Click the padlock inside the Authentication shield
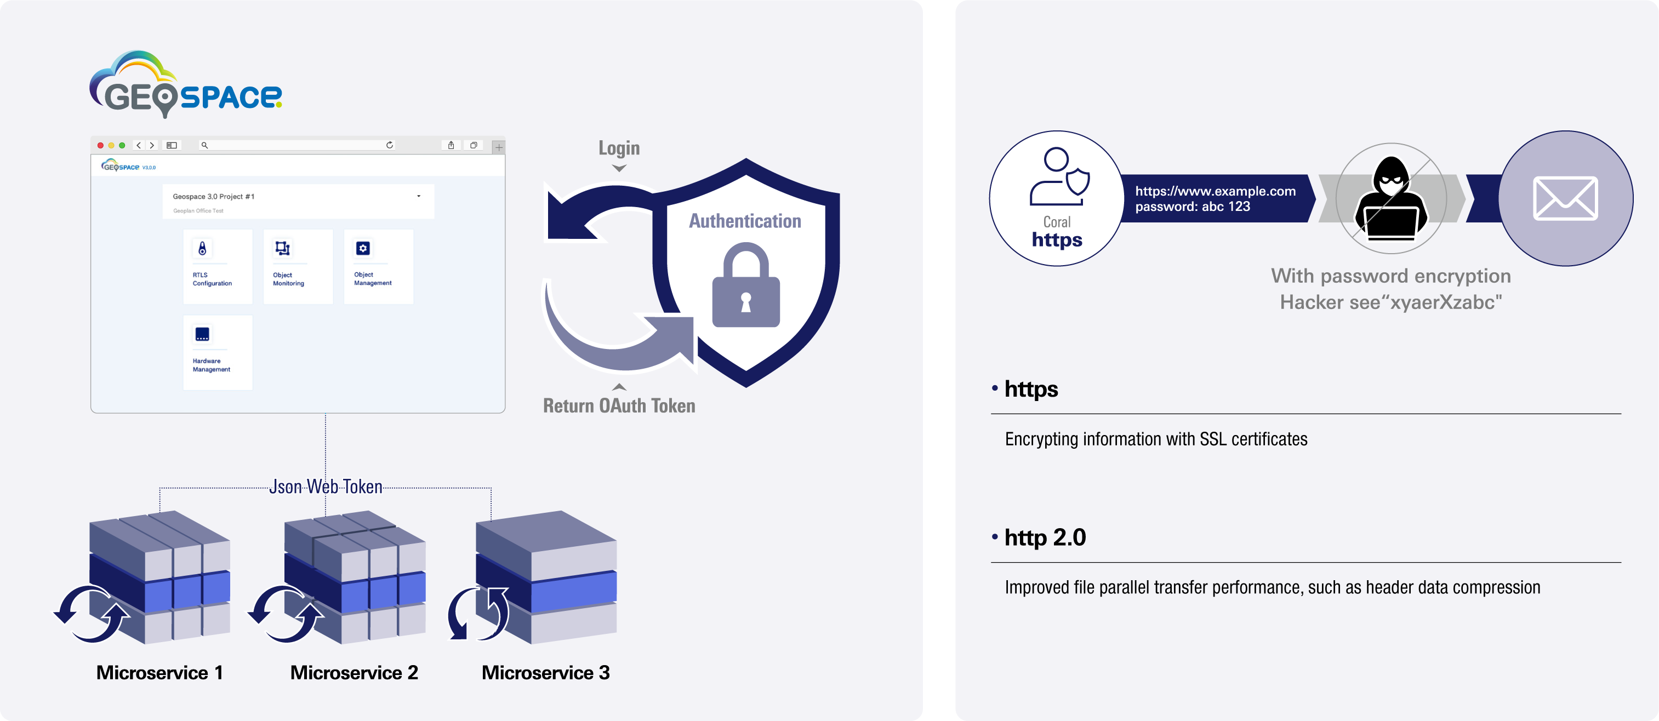746,286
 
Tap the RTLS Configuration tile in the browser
217,266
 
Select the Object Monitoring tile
298,266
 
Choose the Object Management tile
378,266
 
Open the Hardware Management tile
217,352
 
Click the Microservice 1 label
159,673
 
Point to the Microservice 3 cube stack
546,577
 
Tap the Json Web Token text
326,487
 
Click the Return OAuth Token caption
619,405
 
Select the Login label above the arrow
619,148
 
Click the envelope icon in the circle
1565,198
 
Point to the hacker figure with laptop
1391,198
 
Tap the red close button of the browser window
100,146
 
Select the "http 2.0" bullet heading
1045,537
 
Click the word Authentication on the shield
745,221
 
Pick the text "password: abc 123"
1192,207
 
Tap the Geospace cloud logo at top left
185,84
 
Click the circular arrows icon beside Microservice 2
286,614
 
